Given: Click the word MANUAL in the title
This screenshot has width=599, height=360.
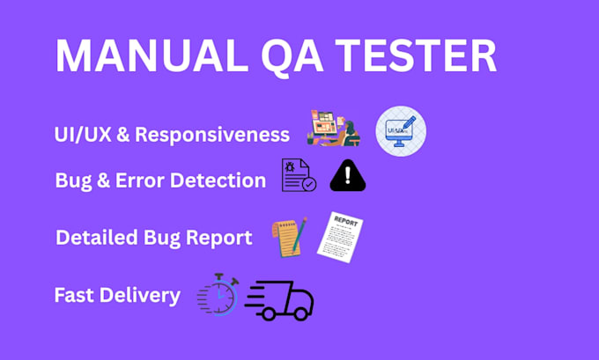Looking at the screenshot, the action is pos(152,55).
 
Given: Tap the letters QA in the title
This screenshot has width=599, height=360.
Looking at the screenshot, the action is pos(292,56).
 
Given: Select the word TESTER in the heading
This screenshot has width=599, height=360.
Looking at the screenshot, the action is pos(416,55).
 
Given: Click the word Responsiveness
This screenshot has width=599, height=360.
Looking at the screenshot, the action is pos(212,135).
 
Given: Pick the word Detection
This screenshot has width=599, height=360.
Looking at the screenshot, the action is pos(218,180).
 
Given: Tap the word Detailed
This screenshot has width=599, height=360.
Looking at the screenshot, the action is pos(97,238).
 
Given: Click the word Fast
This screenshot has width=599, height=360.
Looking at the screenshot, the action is pos(74,295).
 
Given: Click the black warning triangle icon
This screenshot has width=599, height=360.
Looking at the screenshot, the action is pos(348,176).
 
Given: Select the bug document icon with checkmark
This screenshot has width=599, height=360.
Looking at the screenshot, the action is pos(299,175).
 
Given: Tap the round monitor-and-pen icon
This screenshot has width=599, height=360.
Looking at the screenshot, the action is pos(401,131).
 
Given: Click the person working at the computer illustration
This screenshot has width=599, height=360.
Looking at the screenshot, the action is pos(334,128).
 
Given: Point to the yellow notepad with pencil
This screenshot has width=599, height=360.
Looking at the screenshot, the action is pos(289,238).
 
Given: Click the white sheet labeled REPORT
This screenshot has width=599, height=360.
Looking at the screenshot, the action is pos(340,237).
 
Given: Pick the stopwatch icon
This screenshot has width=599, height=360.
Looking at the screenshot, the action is pos(218,294).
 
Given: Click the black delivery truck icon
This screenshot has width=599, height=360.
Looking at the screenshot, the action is pos(279,300).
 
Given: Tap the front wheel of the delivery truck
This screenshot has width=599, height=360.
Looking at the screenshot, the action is pos(300,313).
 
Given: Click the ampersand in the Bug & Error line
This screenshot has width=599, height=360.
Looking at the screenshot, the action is pos(104,180).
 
